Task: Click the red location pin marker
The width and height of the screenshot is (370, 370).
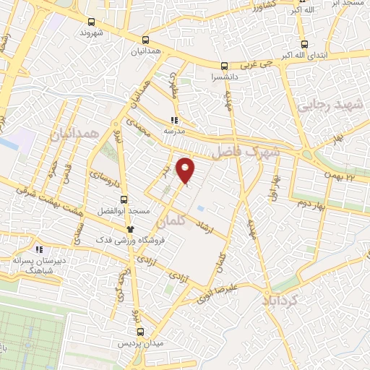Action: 186,171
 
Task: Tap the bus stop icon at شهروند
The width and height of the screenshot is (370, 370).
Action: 90,22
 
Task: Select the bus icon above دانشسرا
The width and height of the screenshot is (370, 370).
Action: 224,64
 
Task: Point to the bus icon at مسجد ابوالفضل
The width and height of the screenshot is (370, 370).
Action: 124,199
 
